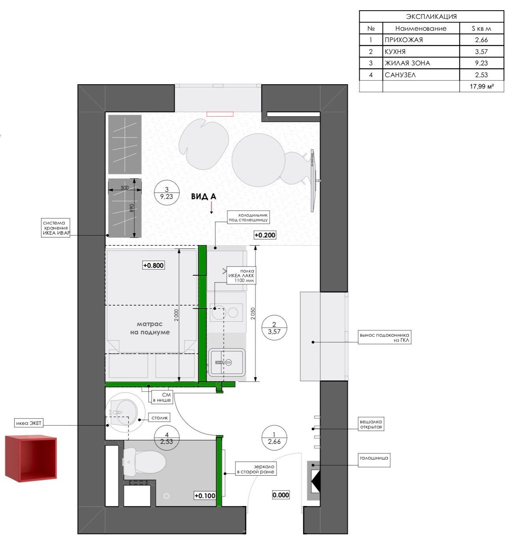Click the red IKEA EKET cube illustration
pyautogui.click(x=31, y=458)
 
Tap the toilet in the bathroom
pyautogui.click(x=144, y=462)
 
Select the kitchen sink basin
pyautogui.click(x=227, y=362)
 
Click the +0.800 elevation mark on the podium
pyautogui.click(x=153, y=265)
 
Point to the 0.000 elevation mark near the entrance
pyautogui.click(x=281, y=495)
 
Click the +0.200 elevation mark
pyautogui.click(x=265, y=235)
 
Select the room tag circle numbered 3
pyautogui.click(x=166, y=193)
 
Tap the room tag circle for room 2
pyautogui.click(x=274, y=328)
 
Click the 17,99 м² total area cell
pyautogui.click(x=481, y=87)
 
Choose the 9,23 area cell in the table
pyautogui.click(x=481, y=63)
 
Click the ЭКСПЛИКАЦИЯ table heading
pyautogui.click(x=431, y=17)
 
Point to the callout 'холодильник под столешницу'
pyautogui.click(x=248, y=217)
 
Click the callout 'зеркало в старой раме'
pyautogui.click(x=256, y=469)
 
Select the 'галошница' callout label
pyautogui.click(x=374, y=458)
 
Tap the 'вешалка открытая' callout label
pyautogui.click(x=371, y=424)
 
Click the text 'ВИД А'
pyautogui.click(x=203, y=196)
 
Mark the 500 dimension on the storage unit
pyautogui.click(x=125, y=188)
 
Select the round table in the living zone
pyautogui.click(x=258, y=160)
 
